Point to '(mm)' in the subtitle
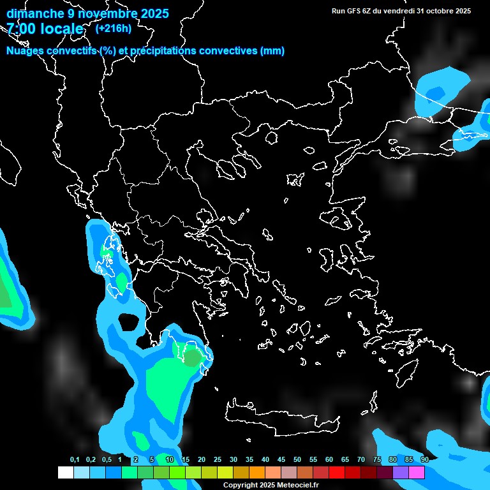(272, 51)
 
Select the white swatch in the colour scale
(65, 473)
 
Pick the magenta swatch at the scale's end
(417, 473)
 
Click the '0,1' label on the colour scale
(75, 460)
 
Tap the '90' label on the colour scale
(424, 460)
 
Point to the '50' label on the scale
(297, 460)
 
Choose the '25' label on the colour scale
(217, 460)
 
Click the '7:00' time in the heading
(20, 29)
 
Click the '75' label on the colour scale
(376, 460)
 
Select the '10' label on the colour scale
(169, 460)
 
